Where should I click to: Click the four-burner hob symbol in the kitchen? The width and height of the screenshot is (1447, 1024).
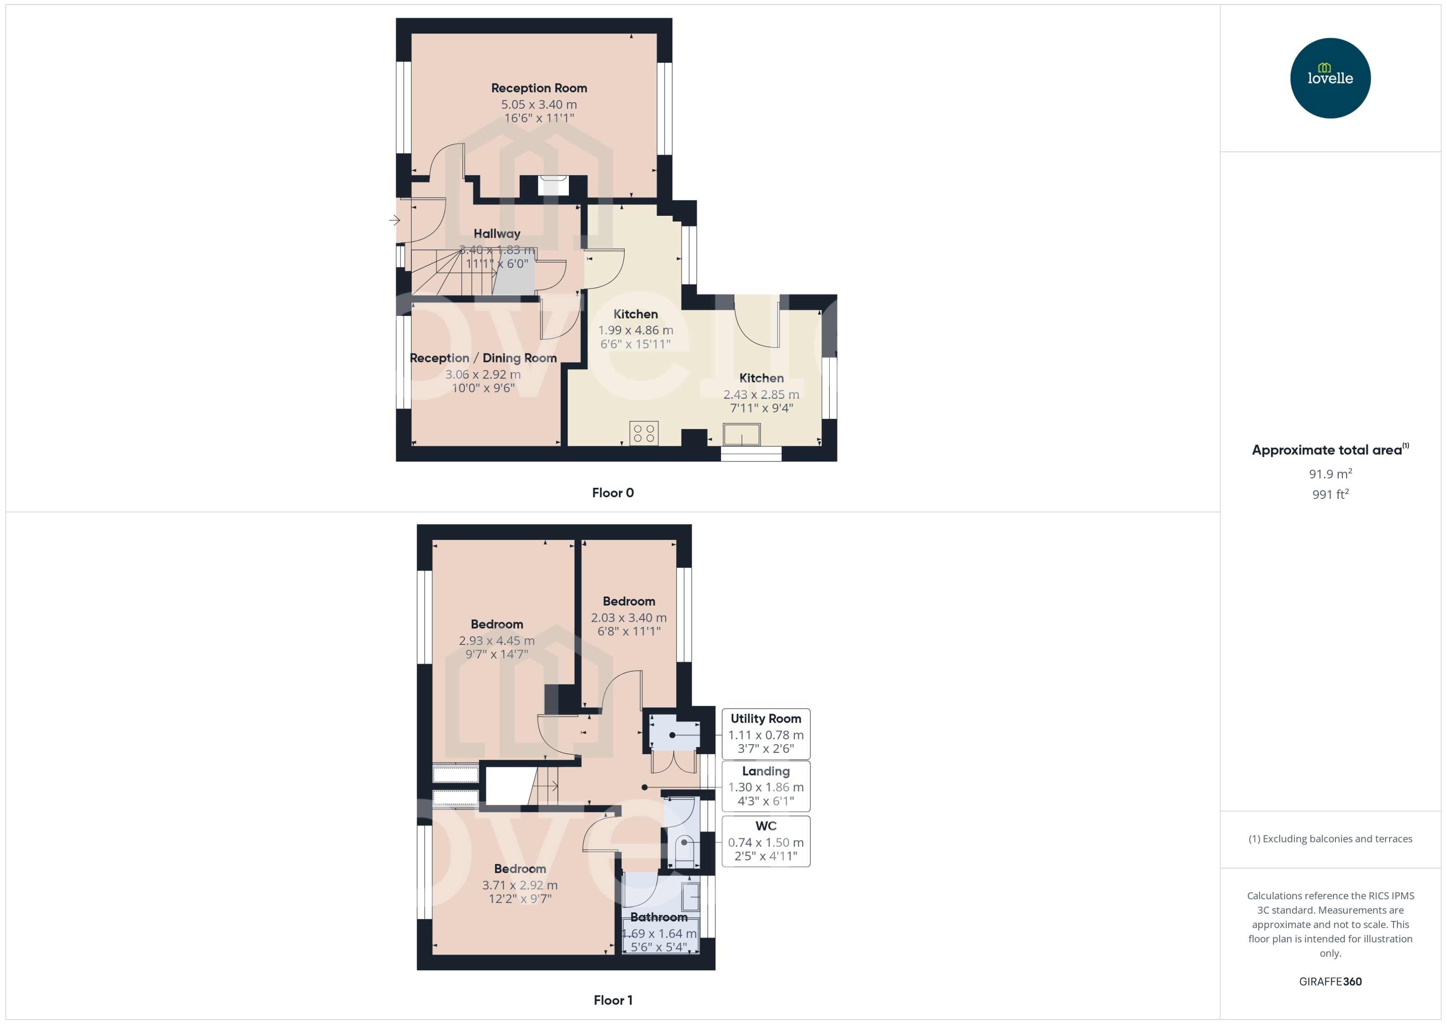(643, 433)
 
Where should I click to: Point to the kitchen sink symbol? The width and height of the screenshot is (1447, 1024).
(741, 434)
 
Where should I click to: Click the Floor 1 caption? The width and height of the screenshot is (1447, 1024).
(612, 1000)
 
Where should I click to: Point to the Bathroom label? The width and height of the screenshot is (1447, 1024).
(659, 917)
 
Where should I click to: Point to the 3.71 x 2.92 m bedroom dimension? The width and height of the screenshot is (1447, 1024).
(520, 885)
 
